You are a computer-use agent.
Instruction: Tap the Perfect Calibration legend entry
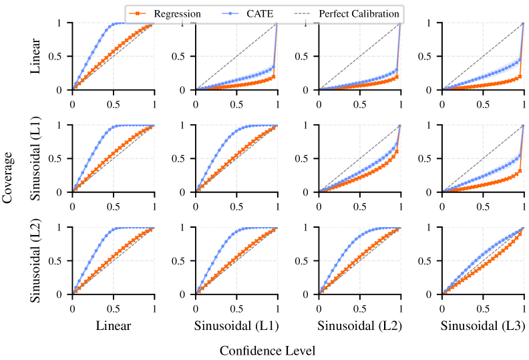(359, 13)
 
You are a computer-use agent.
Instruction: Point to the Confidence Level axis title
(267, 350)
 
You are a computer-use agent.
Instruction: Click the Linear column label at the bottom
(113, 327)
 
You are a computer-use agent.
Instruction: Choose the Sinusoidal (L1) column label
(236, 327)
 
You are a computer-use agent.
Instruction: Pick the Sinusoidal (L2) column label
(359, 327)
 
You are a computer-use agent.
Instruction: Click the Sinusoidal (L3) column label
(482, 327)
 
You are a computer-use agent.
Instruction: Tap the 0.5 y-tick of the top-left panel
(59, 56)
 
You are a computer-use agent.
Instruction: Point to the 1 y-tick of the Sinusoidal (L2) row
(64, 227)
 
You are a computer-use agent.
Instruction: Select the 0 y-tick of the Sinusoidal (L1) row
(64, 192)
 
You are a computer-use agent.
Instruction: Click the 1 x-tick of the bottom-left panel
(154, 310)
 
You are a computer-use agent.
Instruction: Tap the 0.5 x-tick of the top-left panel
(113, 106)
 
